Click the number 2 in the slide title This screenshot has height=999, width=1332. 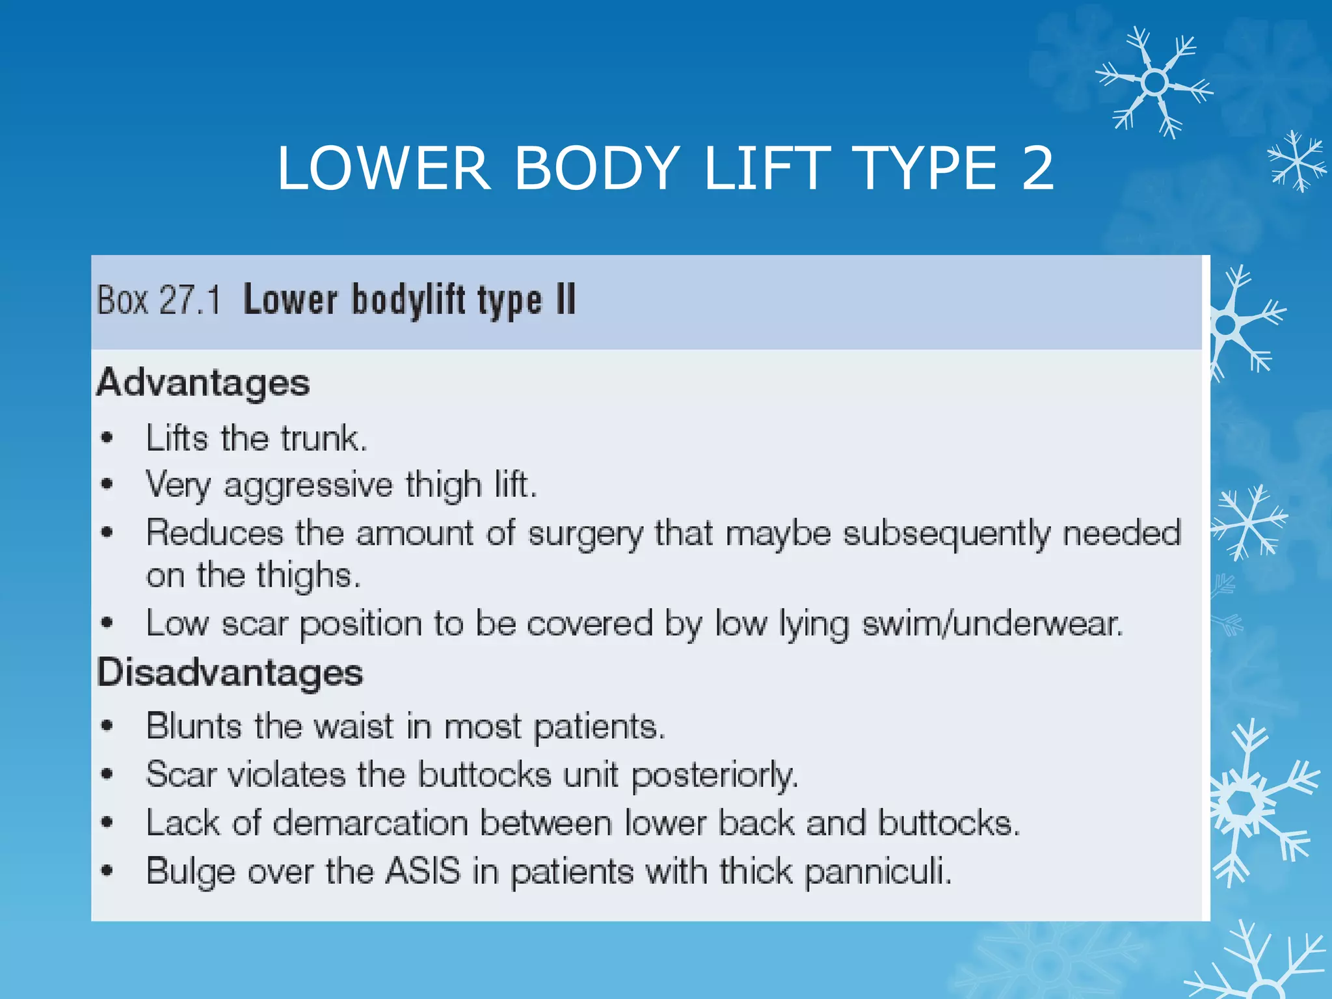click(1037, 168)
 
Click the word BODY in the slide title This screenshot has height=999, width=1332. click(597, 168)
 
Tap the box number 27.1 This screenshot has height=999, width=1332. click(190, 300)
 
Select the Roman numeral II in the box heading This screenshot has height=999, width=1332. click(566, 300)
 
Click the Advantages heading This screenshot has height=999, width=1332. click(203, 383)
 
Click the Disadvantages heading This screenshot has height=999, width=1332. click(230, 673)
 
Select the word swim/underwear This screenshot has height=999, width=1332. click(992, 624)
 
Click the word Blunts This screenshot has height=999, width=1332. click(193, 726)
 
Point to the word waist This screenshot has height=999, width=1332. click(354, 726)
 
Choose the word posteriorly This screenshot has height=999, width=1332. click(715, 775)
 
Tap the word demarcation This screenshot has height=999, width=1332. click(371, 823)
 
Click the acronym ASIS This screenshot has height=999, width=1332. click(423, 871)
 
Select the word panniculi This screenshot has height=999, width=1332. click(878, 872)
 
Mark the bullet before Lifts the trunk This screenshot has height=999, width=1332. click(107, 438)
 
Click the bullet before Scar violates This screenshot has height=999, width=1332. click(107, 774)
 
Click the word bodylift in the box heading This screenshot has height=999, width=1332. click(409, 301)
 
